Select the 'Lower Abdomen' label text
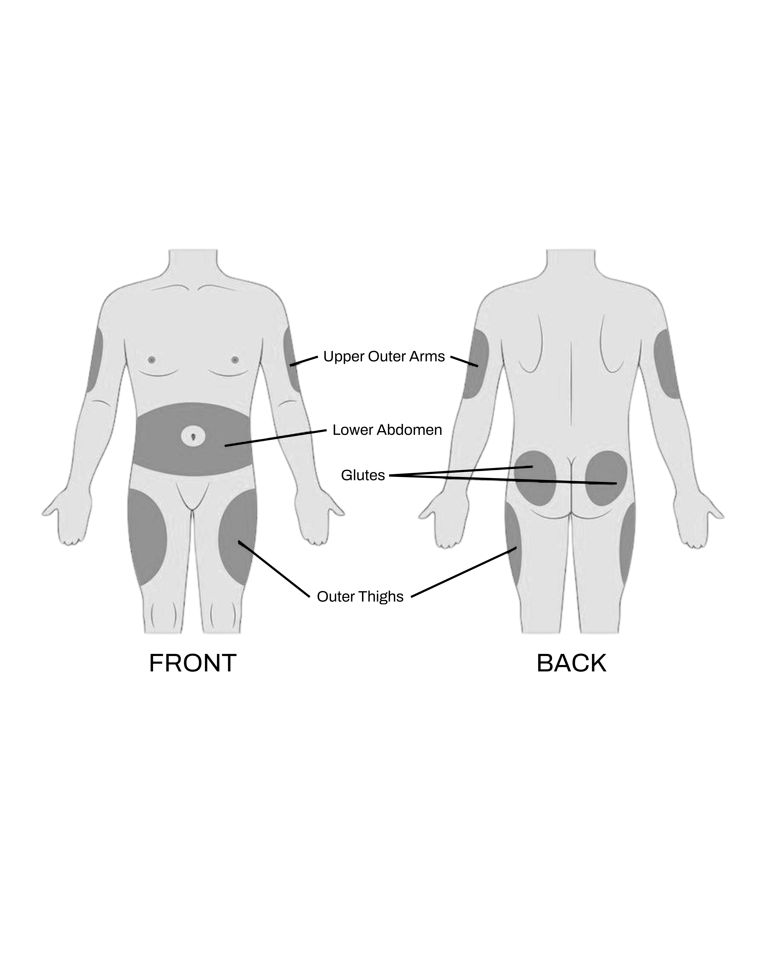pyautogui.click(x=387, y=430)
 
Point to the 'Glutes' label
pyautogui.click(x=363, y=475)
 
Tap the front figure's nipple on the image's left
pyautogui.click(x=151, y=360)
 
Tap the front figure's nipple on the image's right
pyautogui.click(x=235, y=360)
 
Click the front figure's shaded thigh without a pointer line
pyautogui.click(x=147, y=537)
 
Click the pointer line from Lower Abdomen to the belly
pyautogui.click(x=275, y=438)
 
